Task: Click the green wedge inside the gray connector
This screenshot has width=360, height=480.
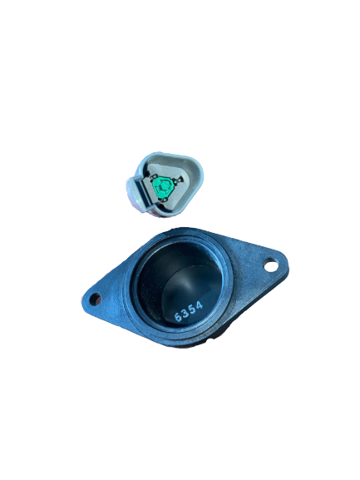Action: (165, 189)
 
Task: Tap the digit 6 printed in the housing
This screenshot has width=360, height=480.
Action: (178, 316)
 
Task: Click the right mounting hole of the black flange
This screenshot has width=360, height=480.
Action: (270, 265)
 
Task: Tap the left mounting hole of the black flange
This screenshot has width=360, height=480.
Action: (95, 298)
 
